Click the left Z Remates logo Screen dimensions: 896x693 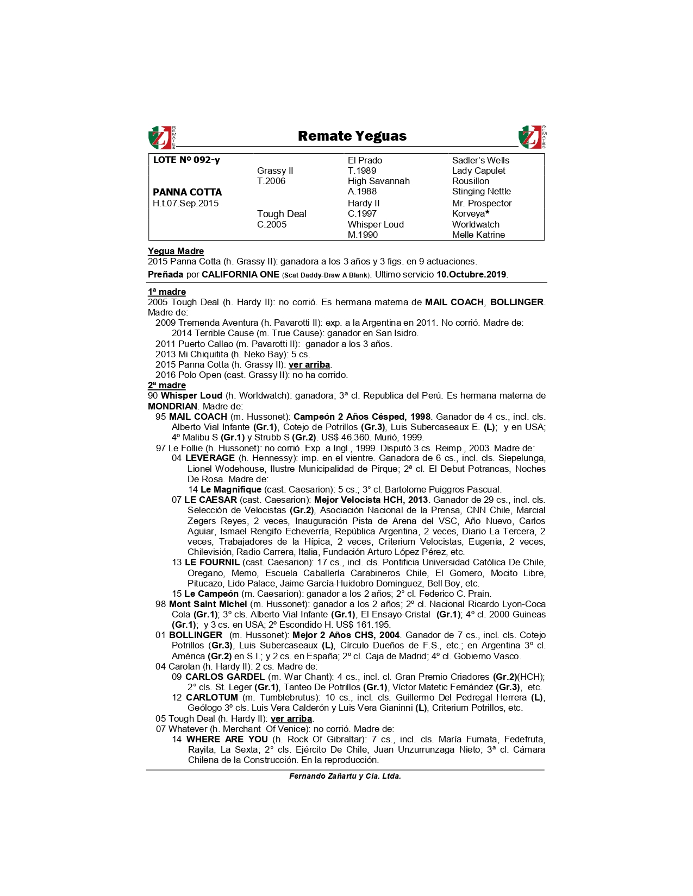161,137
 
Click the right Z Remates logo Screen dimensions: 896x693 532,137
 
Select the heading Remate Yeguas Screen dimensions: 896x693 352,136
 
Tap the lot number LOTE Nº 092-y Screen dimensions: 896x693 186,160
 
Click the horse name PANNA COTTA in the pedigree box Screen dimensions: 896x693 187,192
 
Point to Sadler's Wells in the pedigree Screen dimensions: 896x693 480,160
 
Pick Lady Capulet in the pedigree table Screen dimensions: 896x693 478,171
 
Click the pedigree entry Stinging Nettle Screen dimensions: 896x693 481,191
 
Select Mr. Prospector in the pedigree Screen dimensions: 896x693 482,203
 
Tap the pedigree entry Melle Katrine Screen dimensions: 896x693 478,235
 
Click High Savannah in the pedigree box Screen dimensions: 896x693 378,181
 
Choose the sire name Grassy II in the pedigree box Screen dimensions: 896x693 275,171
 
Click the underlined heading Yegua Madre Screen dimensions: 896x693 176,251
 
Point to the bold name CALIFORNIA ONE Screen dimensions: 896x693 240,274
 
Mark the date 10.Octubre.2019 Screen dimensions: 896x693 471,274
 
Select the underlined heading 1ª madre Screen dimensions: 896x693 166,292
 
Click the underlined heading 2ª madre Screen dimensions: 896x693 166,385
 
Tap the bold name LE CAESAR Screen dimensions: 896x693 210,500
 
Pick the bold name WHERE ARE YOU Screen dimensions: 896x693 227,739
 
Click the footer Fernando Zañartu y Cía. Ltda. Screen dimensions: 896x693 345,776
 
